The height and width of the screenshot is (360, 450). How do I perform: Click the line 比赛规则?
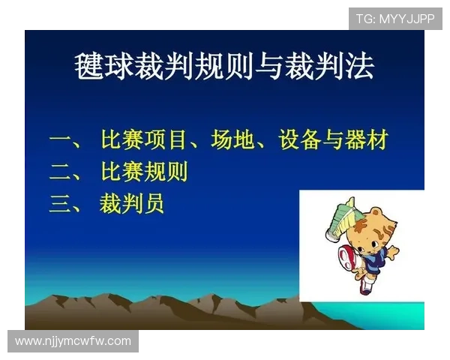tap(144, 172)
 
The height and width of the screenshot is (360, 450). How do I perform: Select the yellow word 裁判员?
tap(131, 204)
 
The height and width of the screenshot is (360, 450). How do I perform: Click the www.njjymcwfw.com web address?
tap(73, 341)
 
